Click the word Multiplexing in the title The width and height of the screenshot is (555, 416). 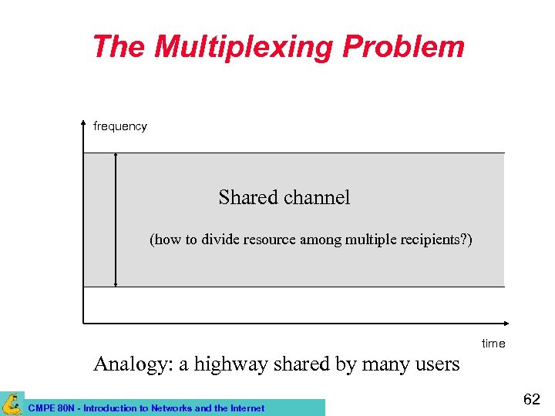[x=244, y=47]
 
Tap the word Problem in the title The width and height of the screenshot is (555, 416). [x=403, y=47]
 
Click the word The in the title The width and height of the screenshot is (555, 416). [x=119, y=47]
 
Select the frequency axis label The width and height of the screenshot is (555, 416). [x=119, y=126]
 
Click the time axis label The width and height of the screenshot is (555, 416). [x=493, y=344]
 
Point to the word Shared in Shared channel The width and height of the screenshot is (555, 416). [x=247, y=198]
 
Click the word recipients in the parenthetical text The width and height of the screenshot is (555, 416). [x=434, y=240]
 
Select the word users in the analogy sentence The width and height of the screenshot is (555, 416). [x=435, y=364]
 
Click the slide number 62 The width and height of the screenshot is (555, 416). [x=532, y=399]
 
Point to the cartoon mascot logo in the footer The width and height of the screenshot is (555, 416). [x=12, y=404]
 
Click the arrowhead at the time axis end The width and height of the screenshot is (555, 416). [x=506, y=323]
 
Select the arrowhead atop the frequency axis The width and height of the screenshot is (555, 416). [x=83, y=123]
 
